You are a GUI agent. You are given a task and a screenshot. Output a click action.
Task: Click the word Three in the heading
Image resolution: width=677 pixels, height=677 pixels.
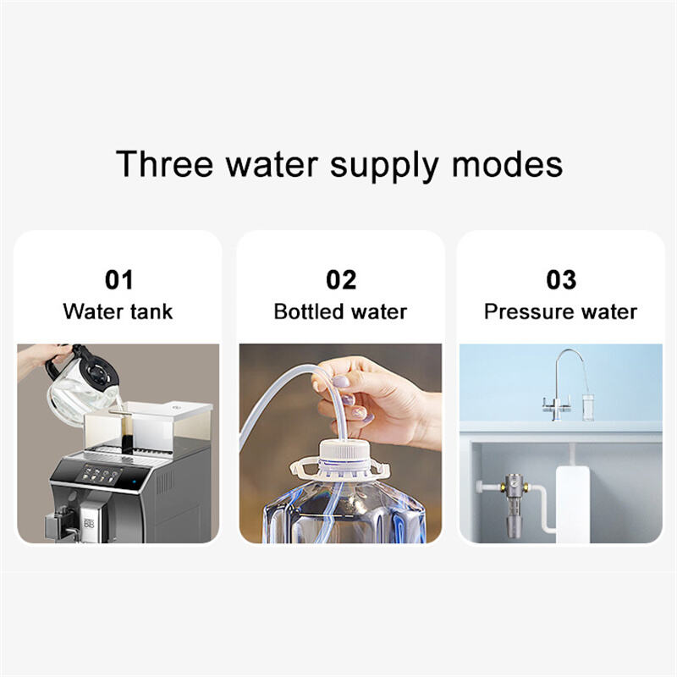click(x=164, y=164)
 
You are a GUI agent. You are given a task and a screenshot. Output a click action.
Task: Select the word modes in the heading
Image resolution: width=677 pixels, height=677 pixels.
click(x=507, y=164)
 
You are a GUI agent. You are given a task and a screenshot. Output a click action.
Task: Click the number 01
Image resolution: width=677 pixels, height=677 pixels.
click(x=119, y=280)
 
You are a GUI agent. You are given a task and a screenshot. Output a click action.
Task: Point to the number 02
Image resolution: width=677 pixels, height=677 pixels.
click(x=341, y=280)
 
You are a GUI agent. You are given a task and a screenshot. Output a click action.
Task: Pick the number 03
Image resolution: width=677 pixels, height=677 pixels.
click(x=561, y=280)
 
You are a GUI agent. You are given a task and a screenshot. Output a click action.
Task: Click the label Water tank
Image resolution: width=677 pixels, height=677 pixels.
click(x=118, y=311)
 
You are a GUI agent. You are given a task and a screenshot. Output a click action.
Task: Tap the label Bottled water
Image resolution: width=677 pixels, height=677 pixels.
click(x=341, y=311)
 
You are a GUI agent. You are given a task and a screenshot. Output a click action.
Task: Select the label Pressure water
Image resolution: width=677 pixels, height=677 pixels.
click(x=560, y=311)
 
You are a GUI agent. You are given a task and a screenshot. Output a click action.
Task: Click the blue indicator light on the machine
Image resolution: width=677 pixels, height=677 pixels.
click(x=135, y=482)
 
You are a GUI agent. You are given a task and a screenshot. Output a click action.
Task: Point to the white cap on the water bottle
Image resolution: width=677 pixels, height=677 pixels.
click(x=342, y=452)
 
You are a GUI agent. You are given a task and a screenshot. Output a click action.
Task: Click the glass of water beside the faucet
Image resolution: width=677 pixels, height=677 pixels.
click(x=588, y=407)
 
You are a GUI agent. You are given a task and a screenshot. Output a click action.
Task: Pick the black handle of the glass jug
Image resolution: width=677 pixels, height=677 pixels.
click(x=55, y=369)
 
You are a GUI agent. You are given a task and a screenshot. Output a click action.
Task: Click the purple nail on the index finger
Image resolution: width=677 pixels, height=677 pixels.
click(x=342, y=382)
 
